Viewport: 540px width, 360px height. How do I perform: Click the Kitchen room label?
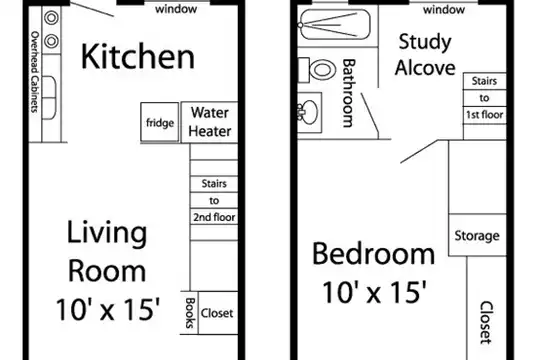138,56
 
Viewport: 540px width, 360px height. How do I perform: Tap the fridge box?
159,122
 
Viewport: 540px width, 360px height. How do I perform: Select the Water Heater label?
210,122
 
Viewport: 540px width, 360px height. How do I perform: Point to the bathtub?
335,24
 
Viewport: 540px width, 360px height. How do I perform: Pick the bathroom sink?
309,112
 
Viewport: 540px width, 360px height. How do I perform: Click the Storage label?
477,236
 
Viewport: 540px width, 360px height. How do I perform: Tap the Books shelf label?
190,313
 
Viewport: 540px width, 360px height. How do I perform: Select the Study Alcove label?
425,54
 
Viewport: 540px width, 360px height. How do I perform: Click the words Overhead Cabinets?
35,72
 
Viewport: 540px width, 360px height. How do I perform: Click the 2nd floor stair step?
214,217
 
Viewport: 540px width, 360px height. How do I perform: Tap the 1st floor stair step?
484,115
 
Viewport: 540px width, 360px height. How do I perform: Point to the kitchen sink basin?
49,98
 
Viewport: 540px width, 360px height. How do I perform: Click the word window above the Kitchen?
176,9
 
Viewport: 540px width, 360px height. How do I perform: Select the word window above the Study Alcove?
444,10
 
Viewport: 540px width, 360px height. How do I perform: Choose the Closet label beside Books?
217,313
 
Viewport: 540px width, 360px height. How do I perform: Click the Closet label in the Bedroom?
486,322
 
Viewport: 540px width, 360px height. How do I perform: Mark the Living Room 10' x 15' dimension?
108,309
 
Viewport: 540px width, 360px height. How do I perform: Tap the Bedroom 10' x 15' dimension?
374,292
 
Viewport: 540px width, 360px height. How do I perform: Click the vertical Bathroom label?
349,93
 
